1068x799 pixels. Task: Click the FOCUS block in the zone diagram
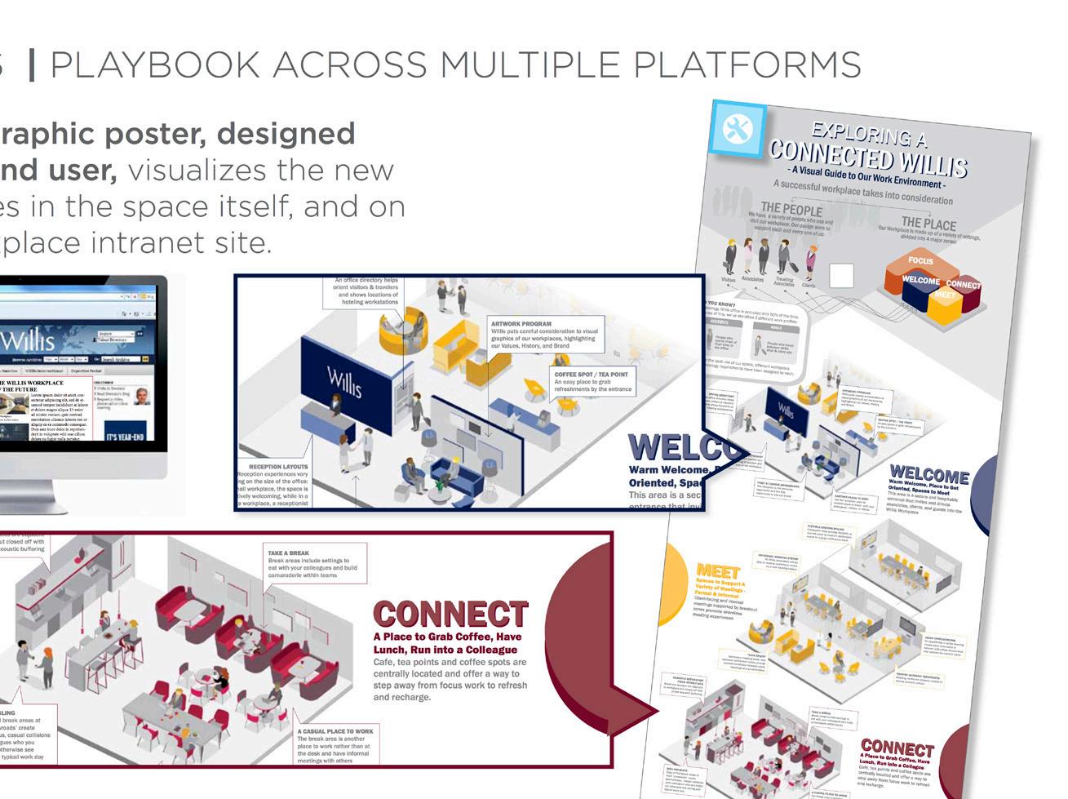tap(920, 261)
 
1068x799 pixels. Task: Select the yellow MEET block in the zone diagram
tap(944, 295)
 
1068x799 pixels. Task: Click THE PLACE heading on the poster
tap(928, 223)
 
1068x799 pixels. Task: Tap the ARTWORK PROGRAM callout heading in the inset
tap(521, 324)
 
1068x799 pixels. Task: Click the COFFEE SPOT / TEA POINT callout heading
tap(592, 375)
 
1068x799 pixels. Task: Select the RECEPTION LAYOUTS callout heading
tap(273, 468)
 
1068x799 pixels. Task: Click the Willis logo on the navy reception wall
tap(343, 380)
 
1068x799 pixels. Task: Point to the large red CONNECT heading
tap(450, 615)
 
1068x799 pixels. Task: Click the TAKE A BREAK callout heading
tap(289, 553)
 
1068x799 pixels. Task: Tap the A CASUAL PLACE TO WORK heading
tap(335, 731)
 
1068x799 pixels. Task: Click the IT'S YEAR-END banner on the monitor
tap(124, 437)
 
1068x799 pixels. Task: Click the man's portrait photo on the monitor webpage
tap(144, 397)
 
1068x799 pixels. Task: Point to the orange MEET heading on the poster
tap(718, 571)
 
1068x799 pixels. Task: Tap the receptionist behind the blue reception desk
tap(335, 402)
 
